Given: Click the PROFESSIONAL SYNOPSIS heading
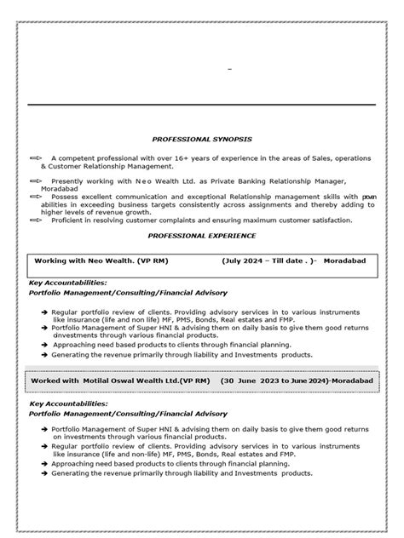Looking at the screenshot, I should (x=202, y=138).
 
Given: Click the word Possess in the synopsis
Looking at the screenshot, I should (x=65, y=196).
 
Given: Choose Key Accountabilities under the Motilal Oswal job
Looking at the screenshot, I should (x=68, y=402).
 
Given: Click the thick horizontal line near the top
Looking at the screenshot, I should (x=202, y=104).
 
